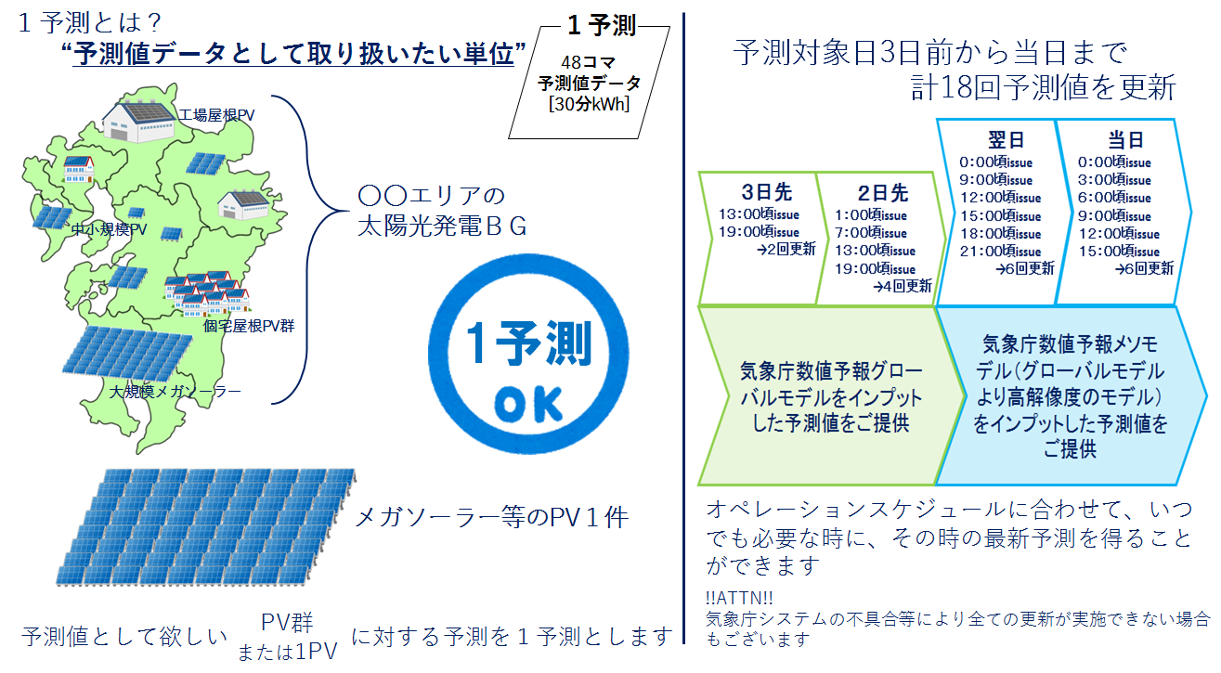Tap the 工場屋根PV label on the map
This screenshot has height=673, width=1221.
point(217,115)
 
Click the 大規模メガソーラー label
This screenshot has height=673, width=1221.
point(175,392)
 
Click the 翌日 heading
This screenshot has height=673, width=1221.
point(1006,140)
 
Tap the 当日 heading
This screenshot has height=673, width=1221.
point(1125,140)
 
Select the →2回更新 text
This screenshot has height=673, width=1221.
point(786,249)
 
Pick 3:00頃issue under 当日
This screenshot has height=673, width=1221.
point(1114,180)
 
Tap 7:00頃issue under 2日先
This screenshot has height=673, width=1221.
point(875,233)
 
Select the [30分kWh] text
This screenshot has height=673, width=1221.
point(589,103)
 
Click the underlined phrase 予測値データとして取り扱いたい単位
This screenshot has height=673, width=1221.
point(294,54)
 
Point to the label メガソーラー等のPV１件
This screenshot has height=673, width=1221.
point(492,516)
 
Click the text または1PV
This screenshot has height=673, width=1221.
point(287,652)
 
